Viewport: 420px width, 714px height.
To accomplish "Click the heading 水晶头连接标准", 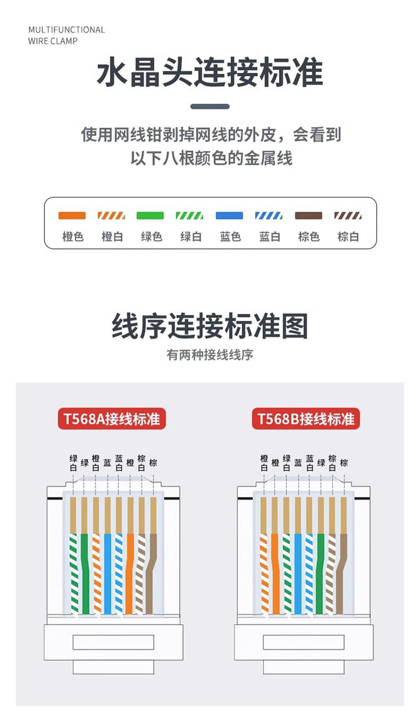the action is click(x=210, y=73).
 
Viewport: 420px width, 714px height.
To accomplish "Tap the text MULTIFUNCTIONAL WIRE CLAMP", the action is click(x=66, y=35).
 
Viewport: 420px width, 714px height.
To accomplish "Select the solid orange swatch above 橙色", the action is click(x=72, y=215).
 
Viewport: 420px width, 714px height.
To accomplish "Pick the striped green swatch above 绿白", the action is click(x=190, y=215).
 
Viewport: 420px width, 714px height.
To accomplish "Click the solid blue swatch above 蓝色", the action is click(x=229, y=215).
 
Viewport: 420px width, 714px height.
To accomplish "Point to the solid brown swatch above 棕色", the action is click(x=308, y=215).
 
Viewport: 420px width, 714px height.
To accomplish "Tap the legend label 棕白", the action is click(x=348, y=237).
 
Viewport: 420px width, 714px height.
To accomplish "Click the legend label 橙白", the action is click(x=112, y=237).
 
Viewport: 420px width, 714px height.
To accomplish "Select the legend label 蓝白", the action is click(x=270, y=237).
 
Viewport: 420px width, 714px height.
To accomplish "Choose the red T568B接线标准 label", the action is click(x=306, y=419).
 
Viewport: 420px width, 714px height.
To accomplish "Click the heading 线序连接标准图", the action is click(x=210, y=326).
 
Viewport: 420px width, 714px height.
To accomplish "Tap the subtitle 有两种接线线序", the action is click(x=210, y=355).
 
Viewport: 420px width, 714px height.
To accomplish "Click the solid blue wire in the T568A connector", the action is click(x=108, y=575).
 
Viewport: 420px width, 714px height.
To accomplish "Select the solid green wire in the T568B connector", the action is click(x=320, y=575).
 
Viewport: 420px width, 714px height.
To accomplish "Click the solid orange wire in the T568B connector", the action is click(x=275, y=575).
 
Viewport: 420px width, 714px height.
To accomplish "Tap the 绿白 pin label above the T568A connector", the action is click(x=73, y=463).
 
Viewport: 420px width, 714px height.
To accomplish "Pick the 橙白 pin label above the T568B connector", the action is click(x=264, y=463).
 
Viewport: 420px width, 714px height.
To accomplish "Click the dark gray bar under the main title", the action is click(x=210, y=106).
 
